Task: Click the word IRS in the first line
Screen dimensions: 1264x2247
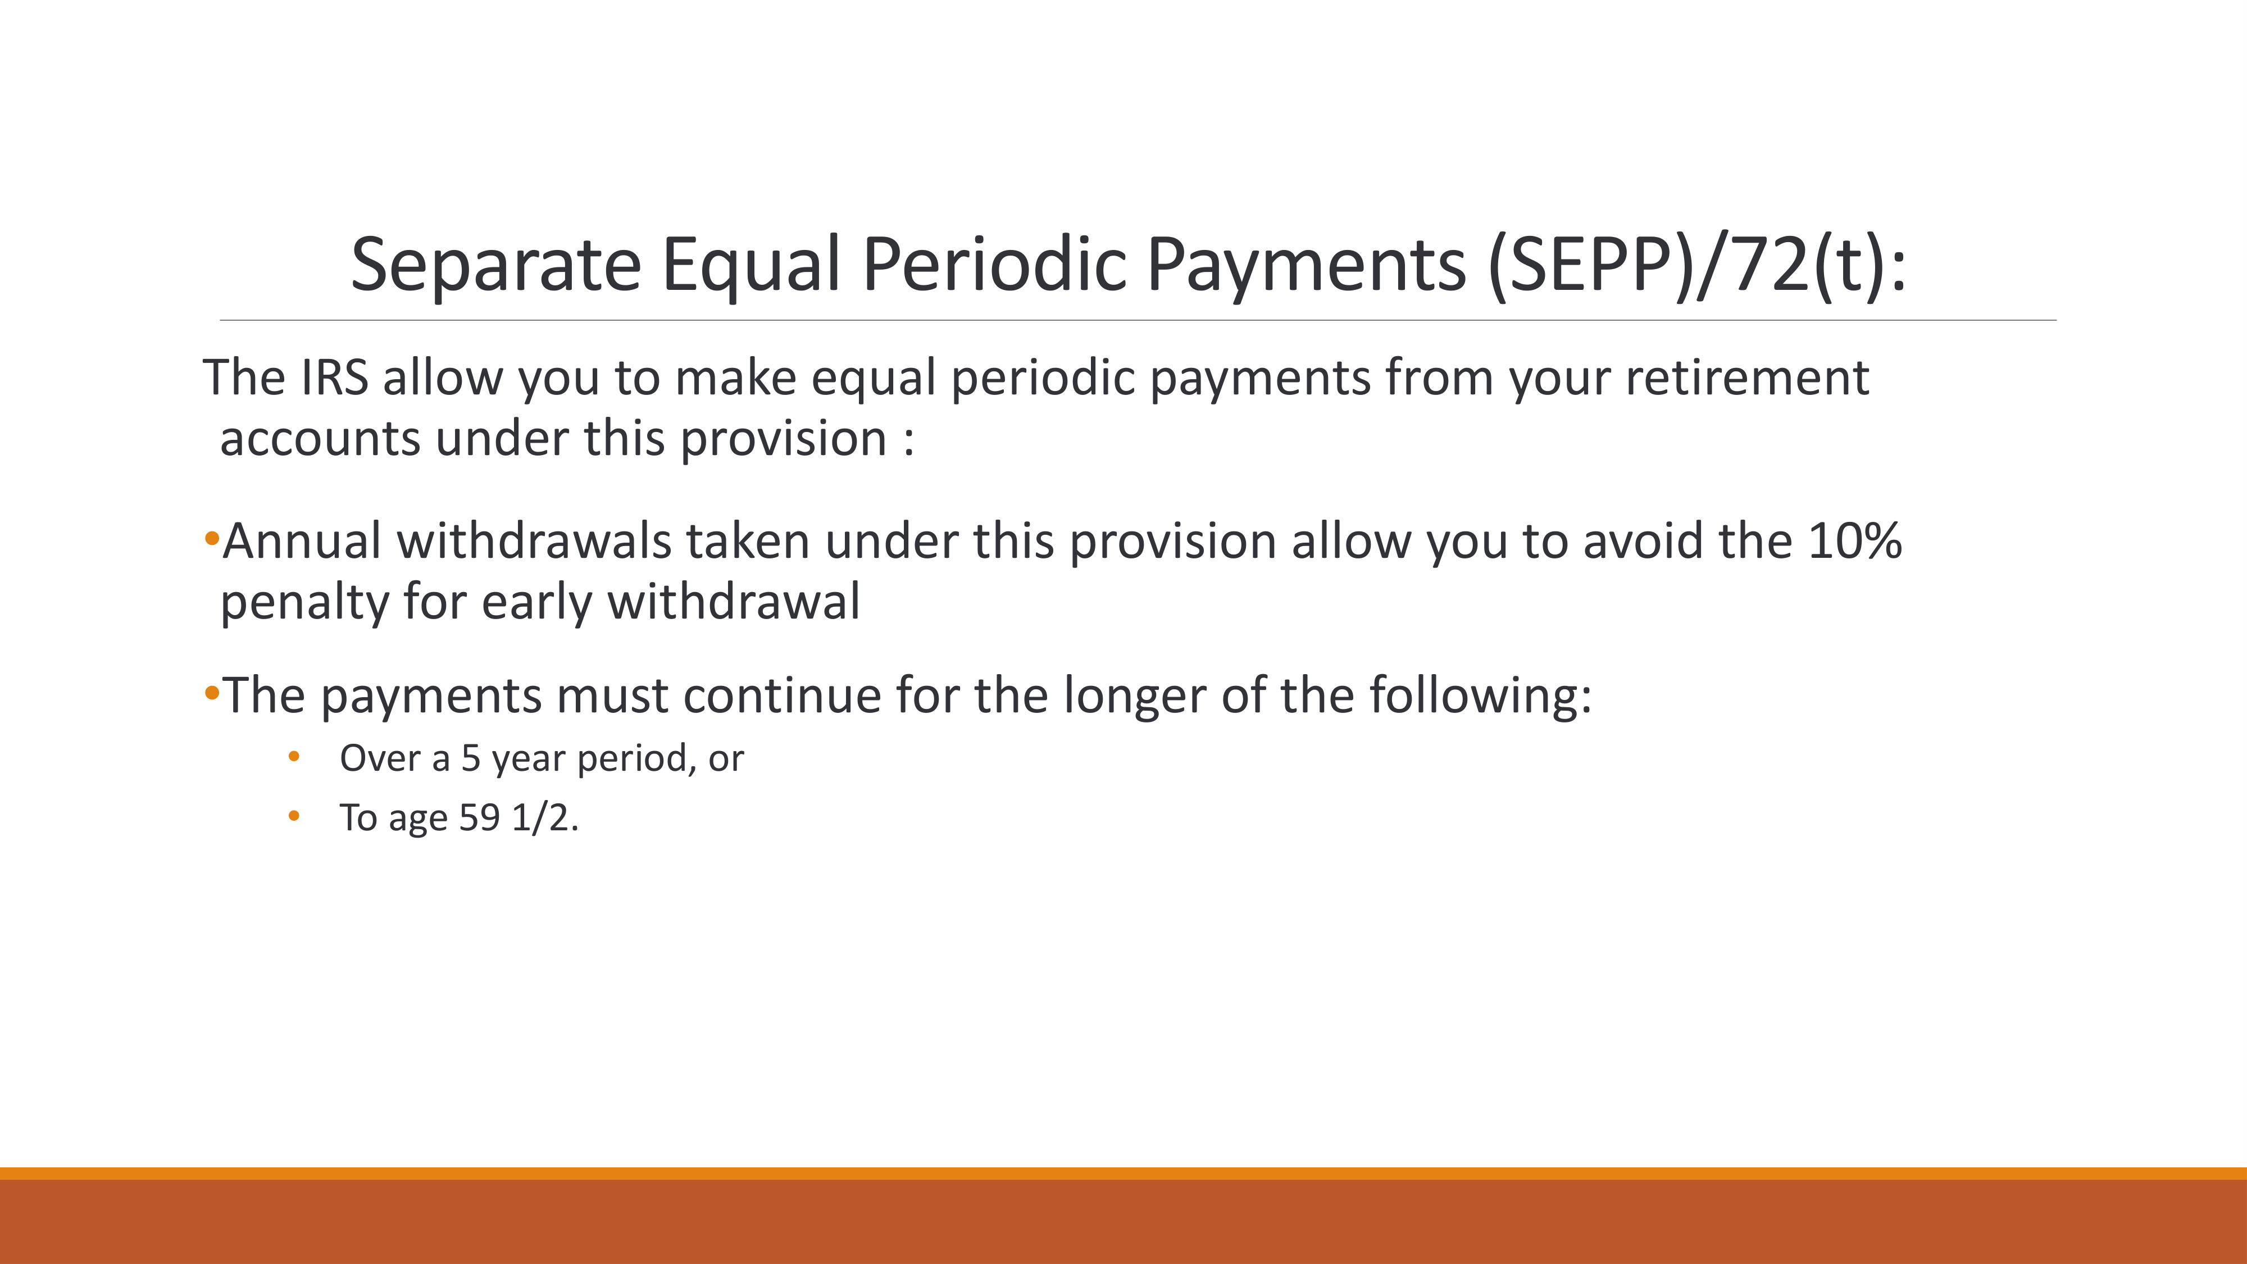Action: pos(334,378)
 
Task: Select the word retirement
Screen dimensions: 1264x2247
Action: pos(1746,378)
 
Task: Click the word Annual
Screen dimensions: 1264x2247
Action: pos(302,541)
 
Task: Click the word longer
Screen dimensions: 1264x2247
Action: pos(1134,695)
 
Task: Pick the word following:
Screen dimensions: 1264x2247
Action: pos(1480,695)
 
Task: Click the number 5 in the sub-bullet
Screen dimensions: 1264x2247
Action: pos(471,758)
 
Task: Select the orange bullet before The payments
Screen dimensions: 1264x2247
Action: pos(211,693)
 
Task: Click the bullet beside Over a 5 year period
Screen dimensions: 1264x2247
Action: pos(294,756)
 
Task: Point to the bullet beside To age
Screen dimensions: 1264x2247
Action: pos(294,816)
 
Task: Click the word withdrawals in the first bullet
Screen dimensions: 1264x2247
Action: pos(534,541)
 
